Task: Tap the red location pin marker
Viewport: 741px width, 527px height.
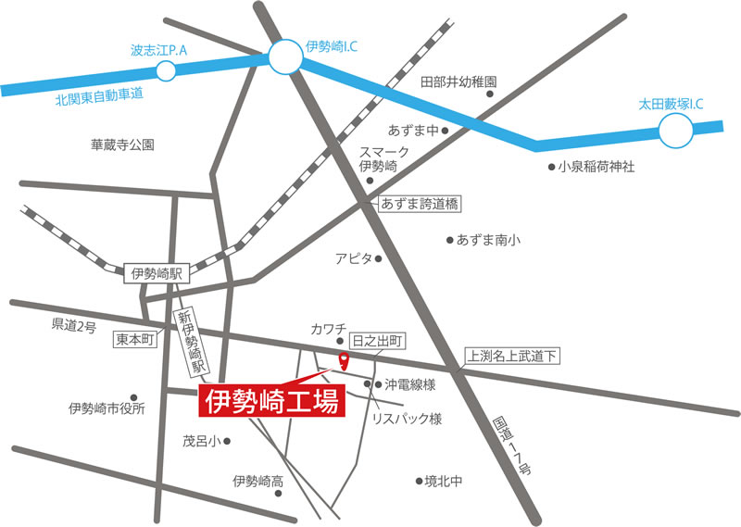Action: (x=344, y=360)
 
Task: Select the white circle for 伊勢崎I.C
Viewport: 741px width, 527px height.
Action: (x=285, y=58)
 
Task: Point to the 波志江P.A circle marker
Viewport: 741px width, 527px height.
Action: (x=167, y=70)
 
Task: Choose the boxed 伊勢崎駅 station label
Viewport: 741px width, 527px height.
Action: (x=156, y=272)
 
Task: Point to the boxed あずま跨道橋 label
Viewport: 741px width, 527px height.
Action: (x=420, y=202)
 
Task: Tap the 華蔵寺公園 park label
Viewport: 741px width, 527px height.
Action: (x=122, y=145)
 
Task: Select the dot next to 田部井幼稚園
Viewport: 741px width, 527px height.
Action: (x=492, y=94)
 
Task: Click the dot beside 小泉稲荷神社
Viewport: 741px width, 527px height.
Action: (x=550, y=168)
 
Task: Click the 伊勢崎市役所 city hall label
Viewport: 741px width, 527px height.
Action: (x=107, y=408)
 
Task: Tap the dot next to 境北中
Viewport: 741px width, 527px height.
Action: (x=419, y=481)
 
